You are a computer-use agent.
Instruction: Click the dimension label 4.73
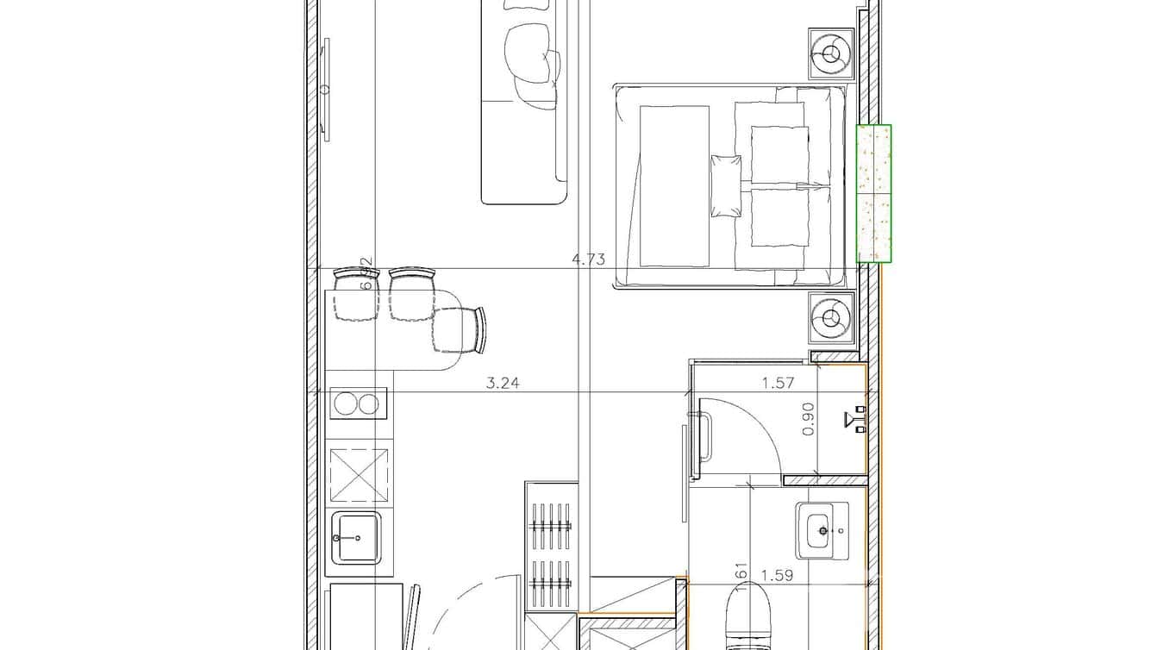point(589,259)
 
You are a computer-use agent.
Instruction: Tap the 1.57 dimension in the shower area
point(778,384)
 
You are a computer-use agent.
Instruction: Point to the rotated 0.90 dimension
point(809,420)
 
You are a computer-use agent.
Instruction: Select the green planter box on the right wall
point(873,193)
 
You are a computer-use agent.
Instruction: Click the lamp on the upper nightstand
point(831,54)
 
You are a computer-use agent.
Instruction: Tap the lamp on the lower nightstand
point(831,318)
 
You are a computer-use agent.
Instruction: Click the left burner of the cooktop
point(347,403)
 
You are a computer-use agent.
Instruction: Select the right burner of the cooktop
point(369,403)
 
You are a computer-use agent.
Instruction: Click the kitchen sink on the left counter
point(356,538)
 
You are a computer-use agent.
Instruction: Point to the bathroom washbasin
point(822,529)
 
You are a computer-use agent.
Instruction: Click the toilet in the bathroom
point(747,616)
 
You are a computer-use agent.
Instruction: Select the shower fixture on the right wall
point(857,420)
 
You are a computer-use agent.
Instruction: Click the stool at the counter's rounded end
point(460,330)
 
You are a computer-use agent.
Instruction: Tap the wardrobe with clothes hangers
point(550,547)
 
